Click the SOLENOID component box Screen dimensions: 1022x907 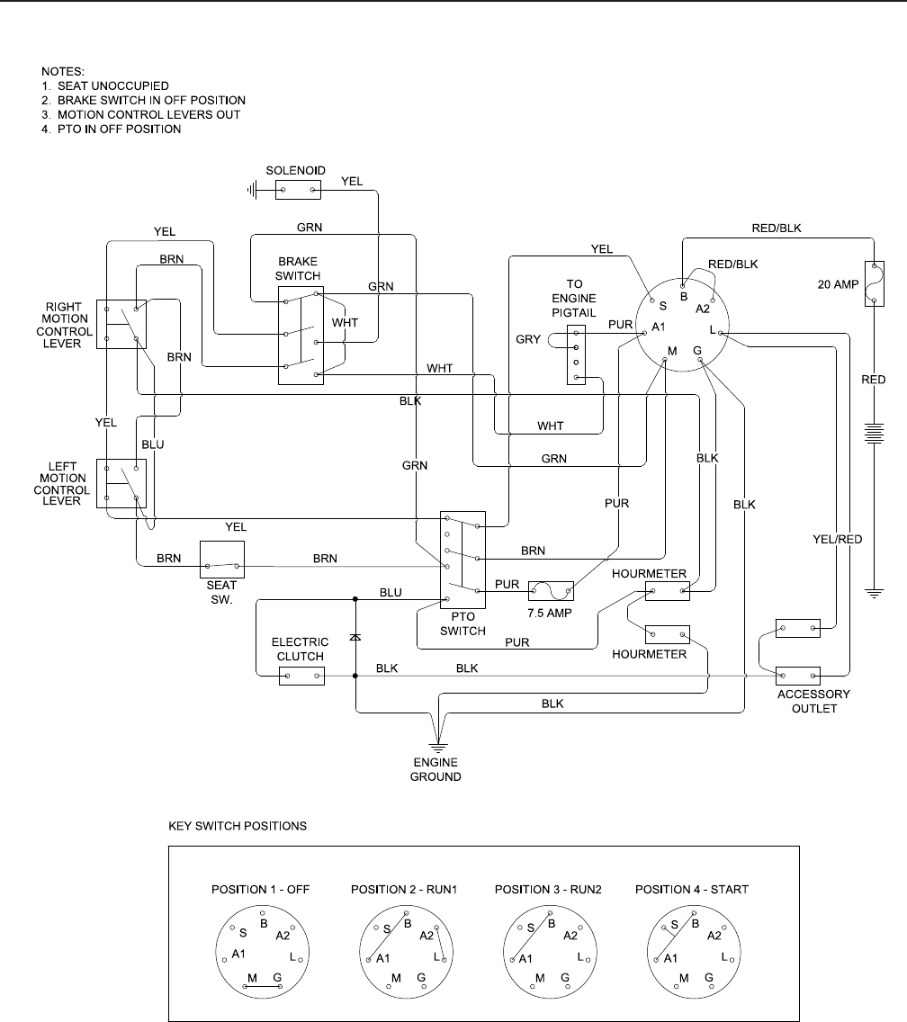pyautogui.click(x=298, y=190)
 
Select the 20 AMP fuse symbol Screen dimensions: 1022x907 pyautogui.click(x=872, y=283)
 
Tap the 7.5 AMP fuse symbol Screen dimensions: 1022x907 pyautogui.click(x=551, y=590)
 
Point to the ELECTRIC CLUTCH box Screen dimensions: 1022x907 pyautogui.click(x=301, y=675)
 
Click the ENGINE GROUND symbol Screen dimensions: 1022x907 pyautogui.click(x=437, y=746)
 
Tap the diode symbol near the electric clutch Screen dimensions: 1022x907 pyautogui.click(x=355, y=637)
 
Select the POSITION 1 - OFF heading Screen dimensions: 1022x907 pyautogui.click(x=261, y=890)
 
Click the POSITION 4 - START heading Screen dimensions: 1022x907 pyautogui.click(x=691, y=890)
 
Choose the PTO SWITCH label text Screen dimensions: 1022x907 pyautogui.click(x=462, y=624)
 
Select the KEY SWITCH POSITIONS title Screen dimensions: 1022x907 pyautogui.click(x=238, y=823)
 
